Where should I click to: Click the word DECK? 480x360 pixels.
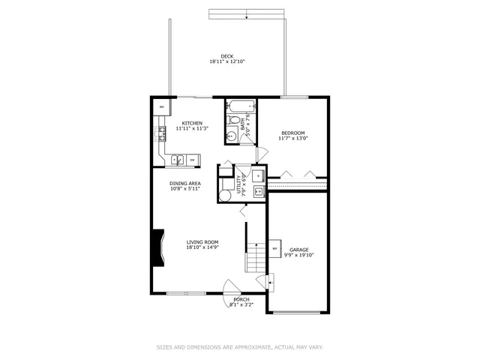point(227,56)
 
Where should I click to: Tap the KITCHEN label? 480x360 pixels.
point(191,123)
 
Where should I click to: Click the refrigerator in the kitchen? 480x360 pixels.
point(161,107)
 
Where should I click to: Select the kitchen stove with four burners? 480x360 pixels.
point(161,135)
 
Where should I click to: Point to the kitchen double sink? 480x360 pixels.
point(178,159)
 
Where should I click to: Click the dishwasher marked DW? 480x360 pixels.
point(193,159)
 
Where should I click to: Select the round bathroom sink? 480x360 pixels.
point(232,134)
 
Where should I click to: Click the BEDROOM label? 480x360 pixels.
point(293,133)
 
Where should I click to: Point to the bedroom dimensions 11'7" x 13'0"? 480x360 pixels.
point(293,139)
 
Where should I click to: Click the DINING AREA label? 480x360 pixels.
point(184,183)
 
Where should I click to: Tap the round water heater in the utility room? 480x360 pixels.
point(225,195)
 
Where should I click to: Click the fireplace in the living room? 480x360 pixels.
point(157,248)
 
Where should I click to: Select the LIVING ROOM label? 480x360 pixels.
point(202,241)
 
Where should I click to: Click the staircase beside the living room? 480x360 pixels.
point(256,259)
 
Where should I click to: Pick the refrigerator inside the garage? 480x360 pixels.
point(274,248)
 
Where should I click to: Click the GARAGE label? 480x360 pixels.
point(299,249)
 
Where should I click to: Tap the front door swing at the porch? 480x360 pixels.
point(232,289)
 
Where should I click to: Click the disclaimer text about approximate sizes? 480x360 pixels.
point(239,346)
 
